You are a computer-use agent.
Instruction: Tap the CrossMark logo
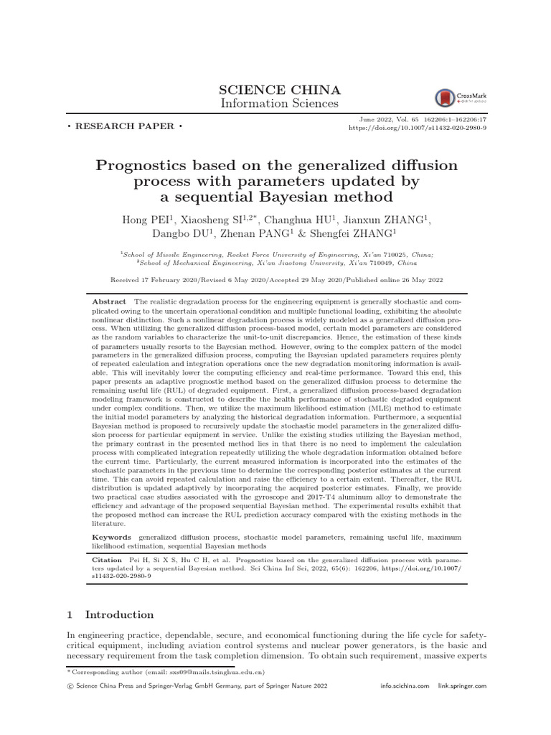(x=456, y=98)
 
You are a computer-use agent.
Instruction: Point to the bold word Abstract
(x=109, y=302)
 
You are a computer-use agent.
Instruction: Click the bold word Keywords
(x=111, y=537)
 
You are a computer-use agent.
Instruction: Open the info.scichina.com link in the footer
(x=405, y=687)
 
